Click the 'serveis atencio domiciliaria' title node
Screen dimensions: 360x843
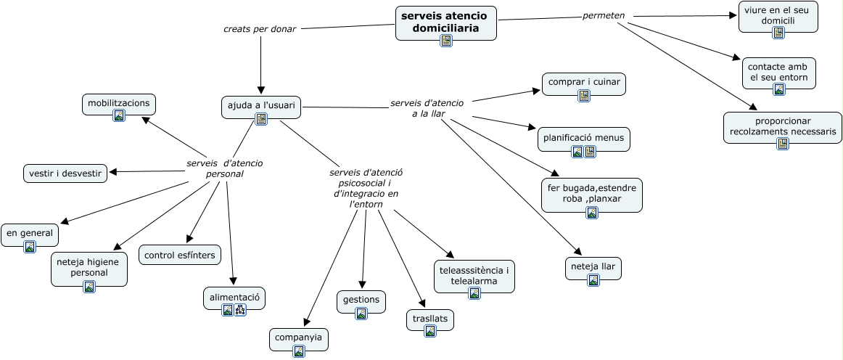pos(445,21)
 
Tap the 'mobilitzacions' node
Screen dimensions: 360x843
pos(119,103)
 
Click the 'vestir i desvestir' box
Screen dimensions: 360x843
pos(65,173)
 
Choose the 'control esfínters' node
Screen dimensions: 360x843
pos(180,255)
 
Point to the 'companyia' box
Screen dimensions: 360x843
pos(298,337)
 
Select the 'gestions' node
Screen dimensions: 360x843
pos(361,299)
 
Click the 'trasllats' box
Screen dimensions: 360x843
pos(429,319)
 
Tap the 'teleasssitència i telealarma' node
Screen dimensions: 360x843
pos(474,275)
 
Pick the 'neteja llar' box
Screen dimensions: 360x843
pos(593,266)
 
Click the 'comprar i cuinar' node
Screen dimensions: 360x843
pos(583,82)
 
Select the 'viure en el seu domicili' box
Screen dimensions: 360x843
pos(778,15)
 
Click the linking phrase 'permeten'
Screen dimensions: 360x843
pos(604,15)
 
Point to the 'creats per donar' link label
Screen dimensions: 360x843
pos(260,29)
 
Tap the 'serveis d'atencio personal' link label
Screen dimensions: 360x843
pos(224,168)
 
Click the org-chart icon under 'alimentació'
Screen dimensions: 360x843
pos(240,310)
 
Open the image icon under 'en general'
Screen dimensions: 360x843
pos(30,247)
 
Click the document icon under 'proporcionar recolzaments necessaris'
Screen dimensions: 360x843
pos(783,144)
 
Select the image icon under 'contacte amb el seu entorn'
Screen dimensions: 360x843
pos(779,89)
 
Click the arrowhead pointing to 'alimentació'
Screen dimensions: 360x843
pos(233,282)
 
